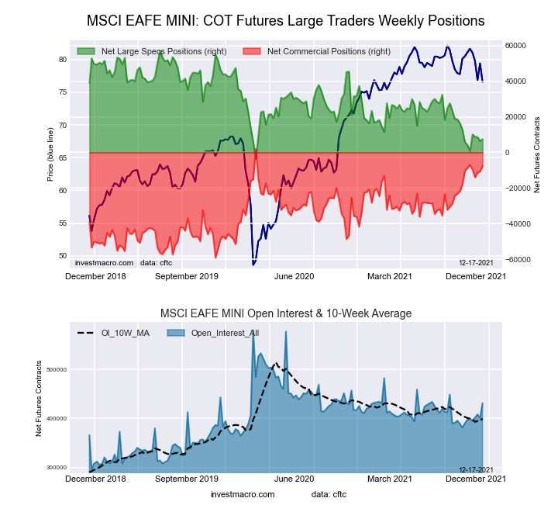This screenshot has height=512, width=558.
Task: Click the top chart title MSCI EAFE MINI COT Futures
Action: click(285, 21)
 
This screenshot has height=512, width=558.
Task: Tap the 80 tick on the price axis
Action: click(62, 59)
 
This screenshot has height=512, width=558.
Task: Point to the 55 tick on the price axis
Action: click(62, 223)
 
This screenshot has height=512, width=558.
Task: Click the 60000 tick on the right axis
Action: click(516, 46)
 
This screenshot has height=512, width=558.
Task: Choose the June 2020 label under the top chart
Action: click(294, 276)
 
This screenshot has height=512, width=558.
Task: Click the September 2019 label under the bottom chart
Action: click(187, 478)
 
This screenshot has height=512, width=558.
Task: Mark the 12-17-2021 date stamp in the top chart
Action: click(475, 264)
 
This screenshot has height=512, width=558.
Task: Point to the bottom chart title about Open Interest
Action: click(285, 313)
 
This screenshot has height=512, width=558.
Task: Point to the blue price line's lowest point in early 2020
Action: click(253, 265)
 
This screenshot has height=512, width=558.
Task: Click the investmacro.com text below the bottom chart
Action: click(243, 494)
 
